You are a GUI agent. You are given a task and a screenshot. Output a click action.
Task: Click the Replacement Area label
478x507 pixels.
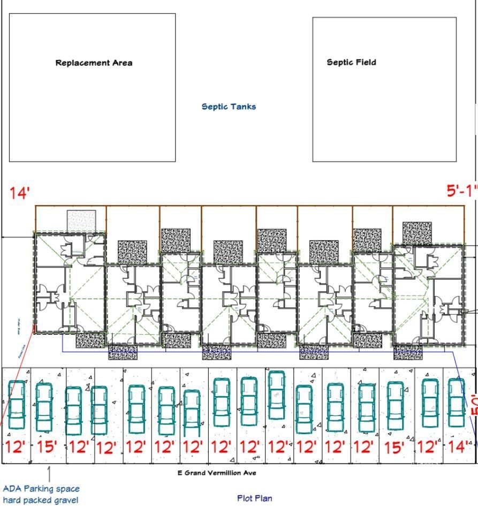pyautogui.click(x=94, y=63)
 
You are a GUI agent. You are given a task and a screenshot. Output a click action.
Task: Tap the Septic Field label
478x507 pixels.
pyautogui.click(x=351, y=62)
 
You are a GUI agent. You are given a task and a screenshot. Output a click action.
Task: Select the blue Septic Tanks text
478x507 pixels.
pyautogui.click(x=229, y=107)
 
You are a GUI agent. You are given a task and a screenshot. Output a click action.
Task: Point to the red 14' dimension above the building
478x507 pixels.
pyautogui.click(x=19, y=193)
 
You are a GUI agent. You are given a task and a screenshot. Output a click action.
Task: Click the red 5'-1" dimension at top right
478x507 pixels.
pyautogui.click(x=461, y=191)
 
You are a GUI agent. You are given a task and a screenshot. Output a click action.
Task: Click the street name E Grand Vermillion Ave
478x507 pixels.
pyautogui.click(x=217, y=473)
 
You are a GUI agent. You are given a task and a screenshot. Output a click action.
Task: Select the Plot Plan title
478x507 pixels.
pyautogui.click(x=254, y=498)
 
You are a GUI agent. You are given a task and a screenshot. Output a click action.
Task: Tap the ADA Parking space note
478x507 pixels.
pyautogui.click(x=41, y=489)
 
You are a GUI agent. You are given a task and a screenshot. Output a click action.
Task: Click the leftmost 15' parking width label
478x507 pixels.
pyautogui.click(x=47, y=447)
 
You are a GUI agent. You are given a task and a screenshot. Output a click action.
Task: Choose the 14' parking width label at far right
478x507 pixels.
pyautogui.click(x=458, y=447)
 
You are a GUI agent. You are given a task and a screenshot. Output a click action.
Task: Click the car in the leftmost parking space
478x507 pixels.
pyautogui.click(x=17, y=405)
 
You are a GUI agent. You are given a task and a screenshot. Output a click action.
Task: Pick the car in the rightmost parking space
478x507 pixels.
pyautogui.click(x=456, y=402)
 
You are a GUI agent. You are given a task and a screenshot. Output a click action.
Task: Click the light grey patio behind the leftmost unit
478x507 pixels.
pyautogui.click(x=81, y=220)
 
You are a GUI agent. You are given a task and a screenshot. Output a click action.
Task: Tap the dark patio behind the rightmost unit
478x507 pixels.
pyautogui.click(x=417, y=233)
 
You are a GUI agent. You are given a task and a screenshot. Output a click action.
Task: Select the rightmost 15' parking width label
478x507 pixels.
pyautogui.click(x=394, y=448)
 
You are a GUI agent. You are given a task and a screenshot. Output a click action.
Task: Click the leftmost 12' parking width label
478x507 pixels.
pyautogui.click(x=16, y=447)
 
